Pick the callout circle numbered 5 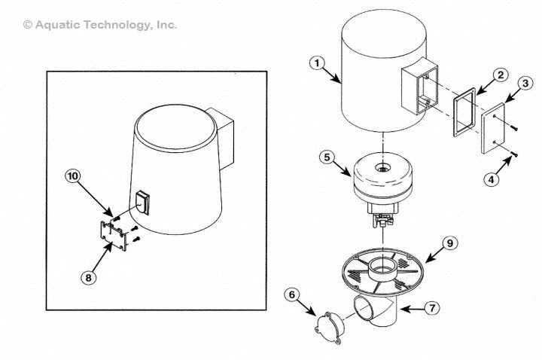pyautogui.click(x=326, y=158)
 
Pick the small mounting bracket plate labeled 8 pyautogui.click(x=113, y=234)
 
